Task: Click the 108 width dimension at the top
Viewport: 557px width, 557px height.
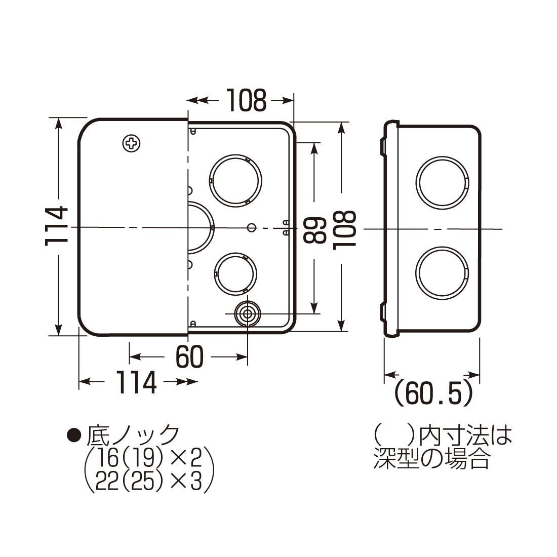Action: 246,100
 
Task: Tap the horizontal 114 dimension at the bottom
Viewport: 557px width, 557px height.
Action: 136,382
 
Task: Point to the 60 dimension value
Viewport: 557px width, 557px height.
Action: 189,357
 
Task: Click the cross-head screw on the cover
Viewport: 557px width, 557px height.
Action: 132,143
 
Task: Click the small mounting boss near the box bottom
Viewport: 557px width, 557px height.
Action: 247,314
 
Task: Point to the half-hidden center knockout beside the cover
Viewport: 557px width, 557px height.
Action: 201,227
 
